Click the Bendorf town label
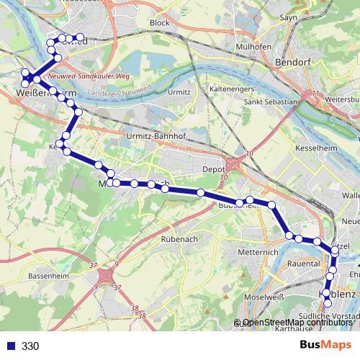point(294,63)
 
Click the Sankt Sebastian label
point(270,102)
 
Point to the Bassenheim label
point(47,275)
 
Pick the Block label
point(159,23)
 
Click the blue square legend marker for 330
point(9,346)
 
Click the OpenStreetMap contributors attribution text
point(297,323)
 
